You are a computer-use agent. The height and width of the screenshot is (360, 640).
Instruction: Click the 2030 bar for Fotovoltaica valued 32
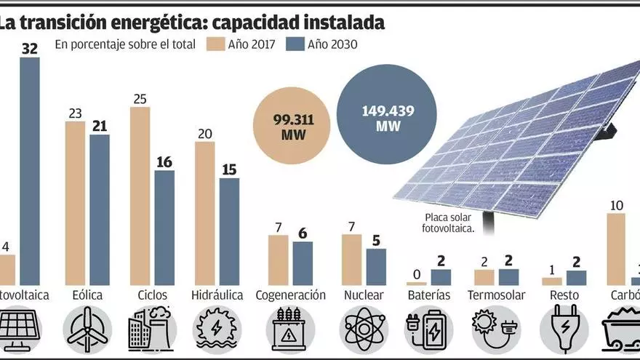[x=30, y=171]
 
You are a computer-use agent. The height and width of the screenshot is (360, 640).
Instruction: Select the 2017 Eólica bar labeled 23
[x=75, y=203]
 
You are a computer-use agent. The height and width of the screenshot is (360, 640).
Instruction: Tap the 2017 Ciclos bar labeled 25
[x=140, y=196]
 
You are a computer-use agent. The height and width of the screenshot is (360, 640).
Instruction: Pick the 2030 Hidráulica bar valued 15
[x=229, y=231]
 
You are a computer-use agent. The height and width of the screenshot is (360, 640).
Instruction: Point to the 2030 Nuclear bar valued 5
[x=376, y=266]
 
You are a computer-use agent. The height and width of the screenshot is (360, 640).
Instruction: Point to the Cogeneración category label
[x=290, y=296]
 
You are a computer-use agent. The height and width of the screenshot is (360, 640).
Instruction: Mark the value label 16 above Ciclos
[x=164, y=161]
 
